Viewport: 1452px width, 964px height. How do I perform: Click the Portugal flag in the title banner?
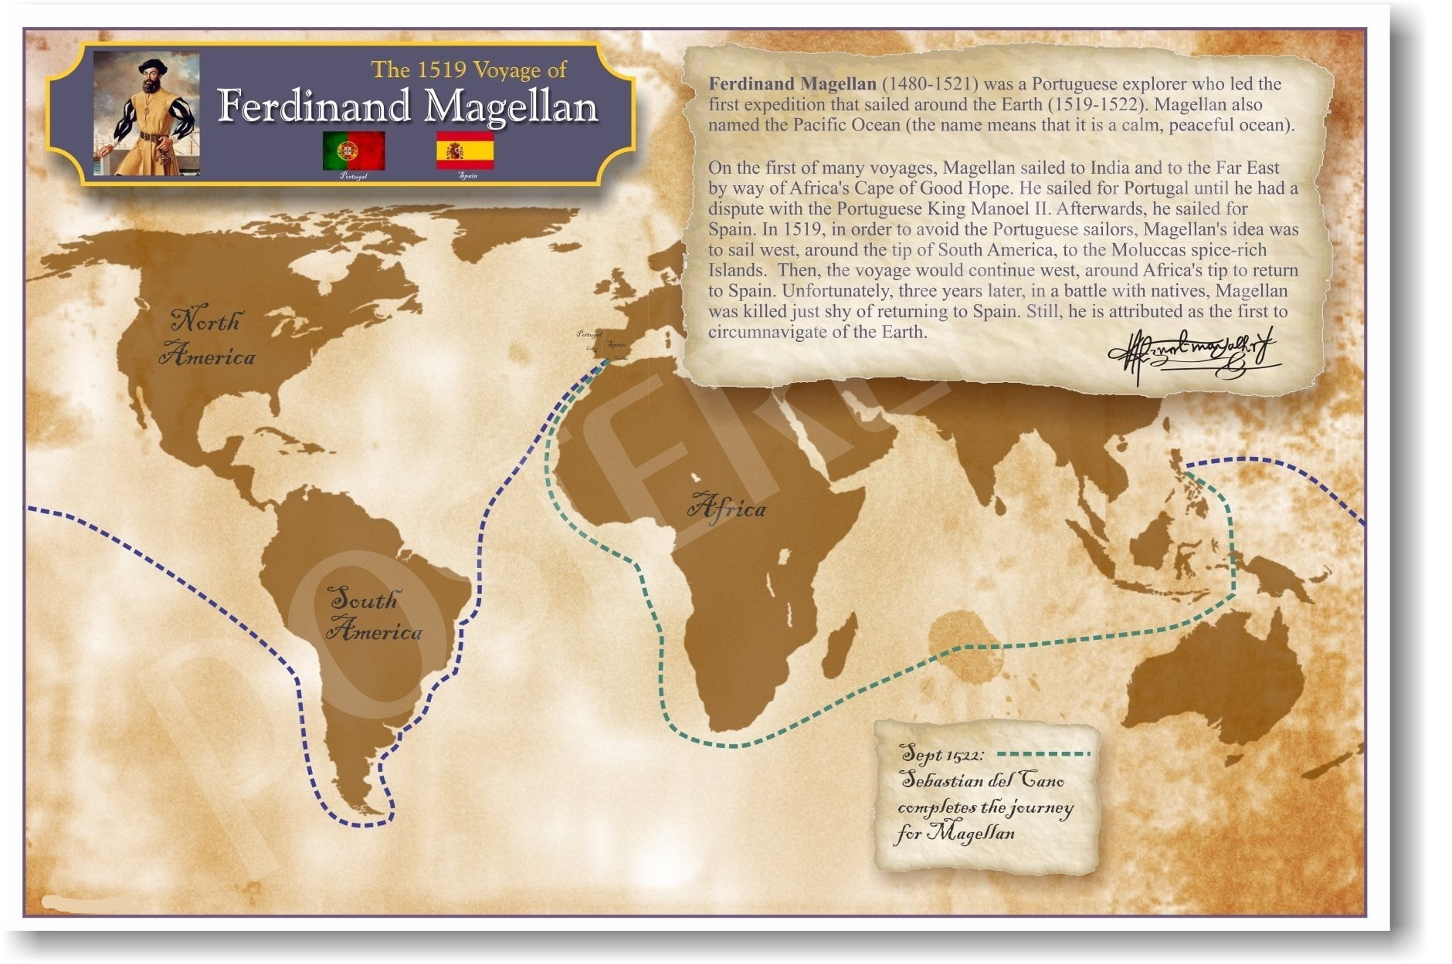click(354, 151)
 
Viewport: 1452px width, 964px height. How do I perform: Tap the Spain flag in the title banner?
click(465, 150)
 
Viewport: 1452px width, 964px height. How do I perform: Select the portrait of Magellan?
click(147, 113)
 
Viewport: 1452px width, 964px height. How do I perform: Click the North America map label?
click(207, 338)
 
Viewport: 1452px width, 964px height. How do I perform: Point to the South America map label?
click(374, 615)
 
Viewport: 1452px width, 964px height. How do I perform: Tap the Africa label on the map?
click(726, 507)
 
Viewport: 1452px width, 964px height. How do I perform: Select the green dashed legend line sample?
click(1043, 753)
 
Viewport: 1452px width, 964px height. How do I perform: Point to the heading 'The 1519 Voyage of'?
click(469, 70)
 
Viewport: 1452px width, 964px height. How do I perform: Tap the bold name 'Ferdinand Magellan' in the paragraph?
click(792, 84)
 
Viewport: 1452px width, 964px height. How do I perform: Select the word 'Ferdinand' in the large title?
click(313, 107)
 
